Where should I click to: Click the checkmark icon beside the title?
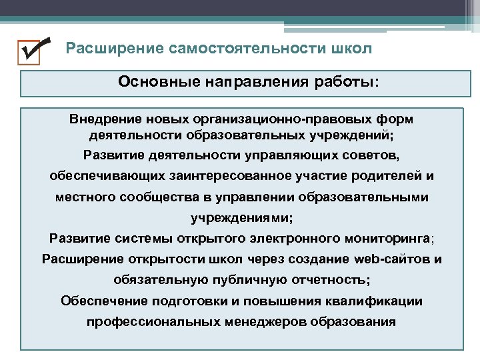tap(34, 50)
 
